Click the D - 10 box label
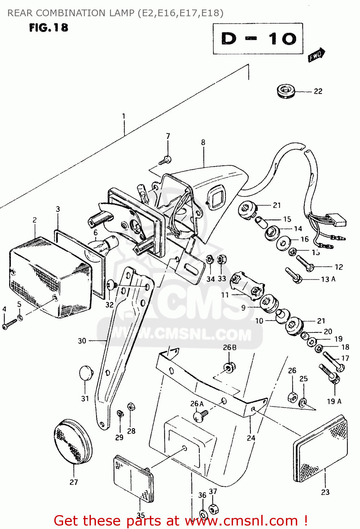click(x=258, y=38)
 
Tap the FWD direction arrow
click(x=316, y=55)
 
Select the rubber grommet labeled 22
click(x=286, y=92)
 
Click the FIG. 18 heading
click(x=49, y=28)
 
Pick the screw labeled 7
click(x=165, y=160)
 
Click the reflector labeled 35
click(x=134, y=478)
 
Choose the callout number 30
click(x=82, y=341)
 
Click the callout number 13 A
click(x=328, y=279)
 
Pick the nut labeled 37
click(x=213, y=509)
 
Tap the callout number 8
click(x=203, y=142)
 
